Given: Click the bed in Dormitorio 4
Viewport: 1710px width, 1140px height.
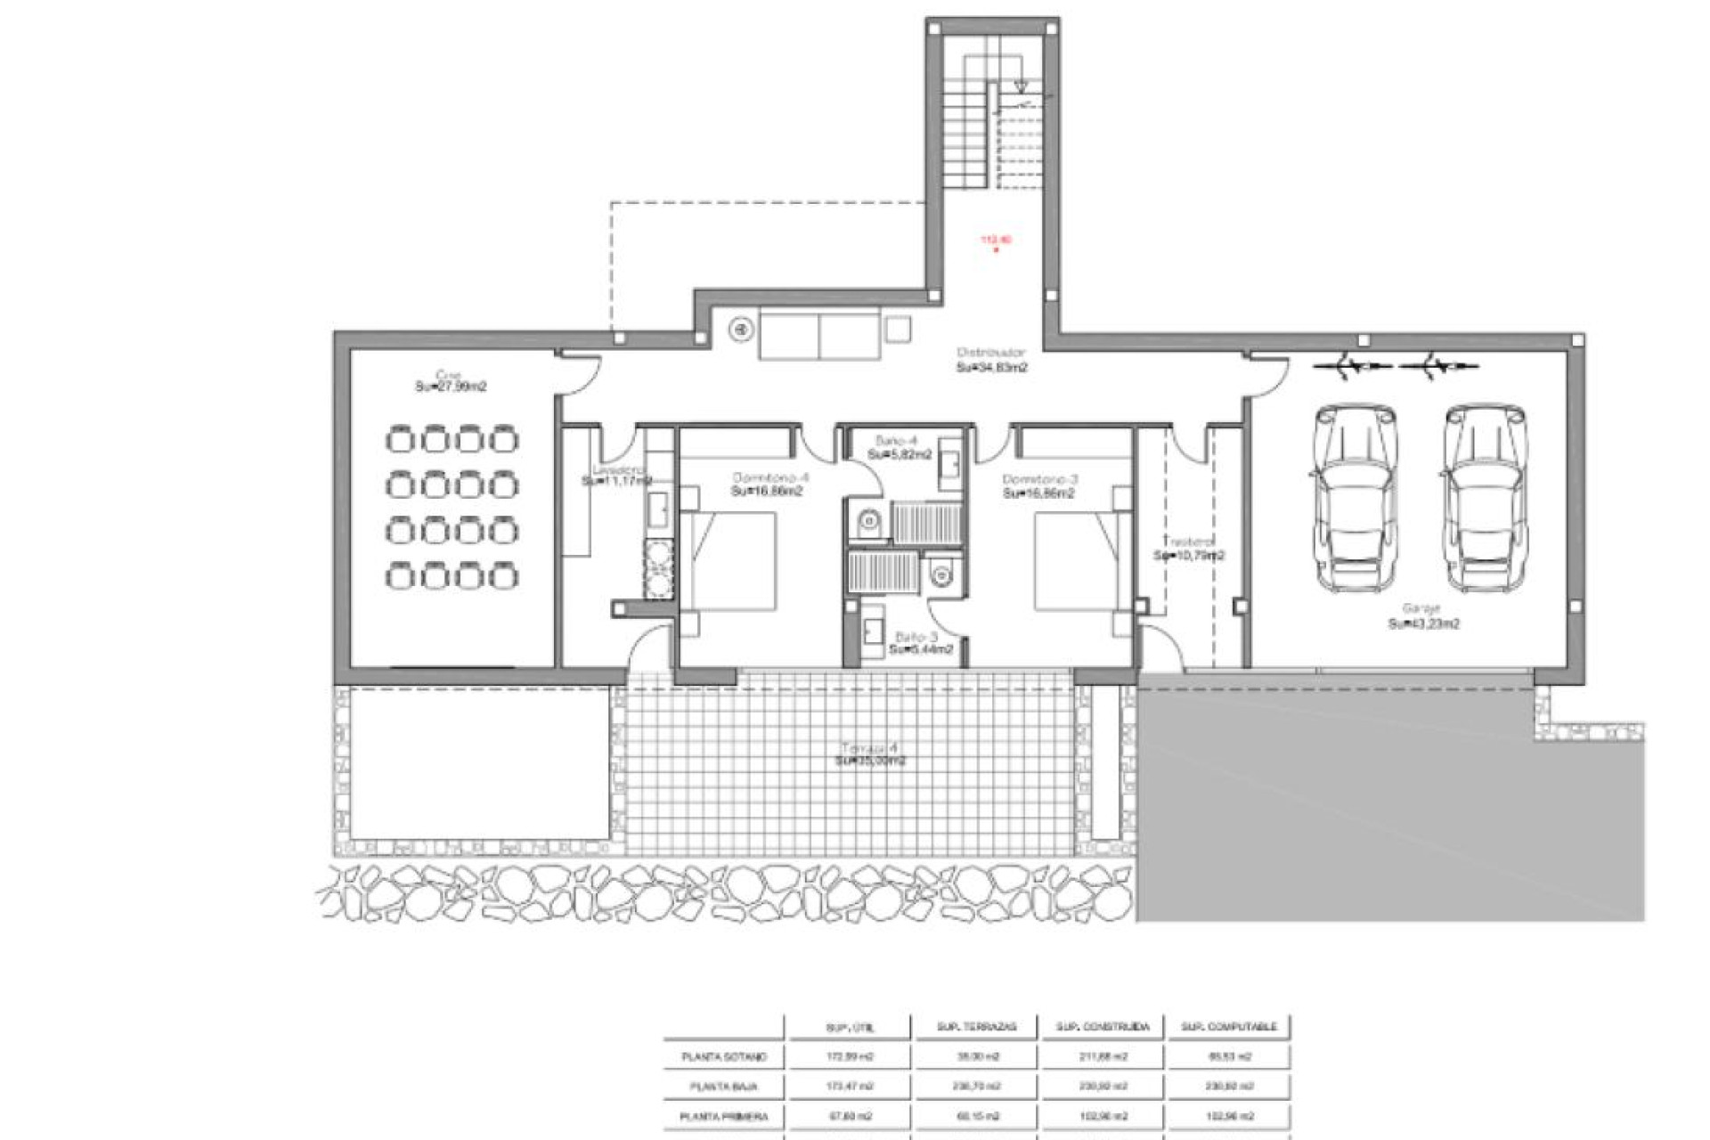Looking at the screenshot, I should coord(728,561).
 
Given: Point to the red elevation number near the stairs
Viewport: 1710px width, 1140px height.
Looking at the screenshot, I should coord(996,240).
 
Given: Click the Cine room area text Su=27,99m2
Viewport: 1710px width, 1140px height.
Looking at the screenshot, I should coord(451,387).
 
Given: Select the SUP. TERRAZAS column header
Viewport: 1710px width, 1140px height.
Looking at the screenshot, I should coord(976,1027).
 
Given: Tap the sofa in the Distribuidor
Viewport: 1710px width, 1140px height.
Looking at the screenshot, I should coord(819,336).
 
